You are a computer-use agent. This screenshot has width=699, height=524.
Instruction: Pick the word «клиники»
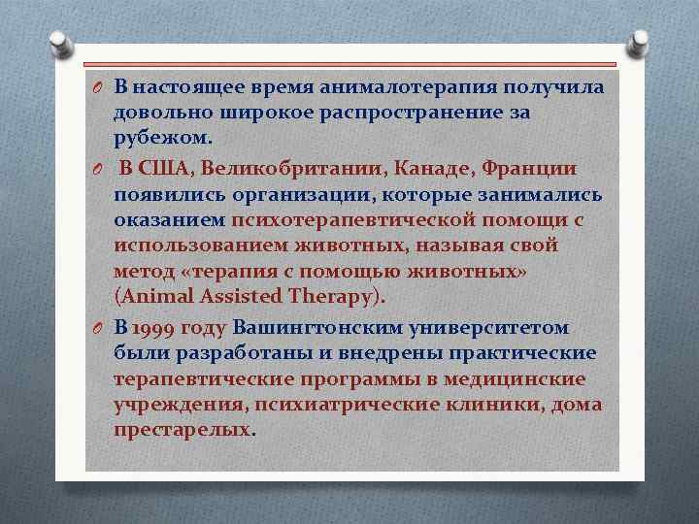pyautogui.click(x=496, y=405)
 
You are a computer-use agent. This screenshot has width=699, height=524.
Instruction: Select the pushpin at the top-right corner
pyautogui.click(x=639, y=42)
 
